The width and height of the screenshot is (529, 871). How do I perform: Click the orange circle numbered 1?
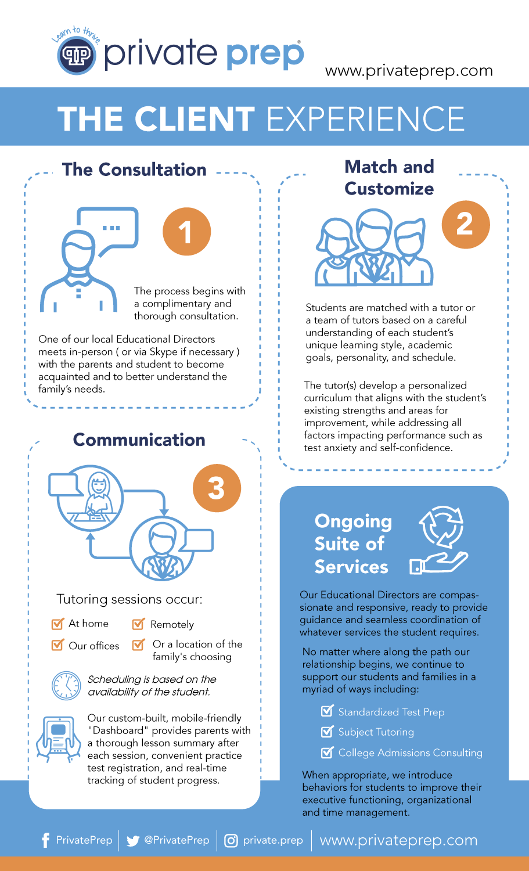tap(186, 232)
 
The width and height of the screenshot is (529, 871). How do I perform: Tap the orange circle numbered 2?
tap(465, 225)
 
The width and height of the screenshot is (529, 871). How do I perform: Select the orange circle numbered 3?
tap(216, 487)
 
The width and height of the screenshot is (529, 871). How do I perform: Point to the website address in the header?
tap(409, 71)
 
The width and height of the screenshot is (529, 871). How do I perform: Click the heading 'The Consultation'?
tap(134, 170)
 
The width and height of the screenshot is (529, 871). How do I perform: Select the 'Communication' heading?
tap(139, 440)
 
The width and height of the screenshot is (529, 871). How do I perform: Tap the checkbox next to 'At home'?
tap(57, 625)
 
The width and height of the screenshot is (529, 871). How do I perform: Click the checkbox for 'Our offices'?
tap(57, 646)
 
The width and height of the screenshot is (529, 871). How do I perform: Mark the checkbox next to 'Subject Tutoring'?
tap(328, 732)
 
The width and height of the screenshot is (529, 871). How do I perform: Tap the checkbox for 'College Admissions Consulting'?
tap(328, 753)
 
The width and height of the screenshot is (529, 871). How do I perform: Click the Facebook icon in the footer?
tap(46, 840)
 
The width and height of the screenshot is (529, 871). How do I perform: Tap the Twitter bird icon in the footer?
tap(133, 841)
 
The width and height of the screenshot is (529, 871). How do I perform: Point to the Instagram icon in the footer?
tap(231, 841)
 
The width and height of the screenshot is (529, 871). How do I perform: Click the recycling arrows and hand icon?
tap(440, 541)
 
